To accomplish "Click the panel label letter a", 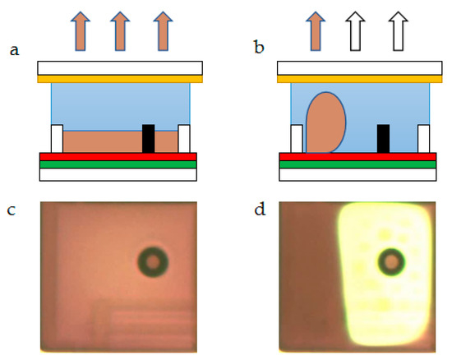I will [14, 50].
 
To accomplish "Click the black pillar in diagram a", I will [149, 138].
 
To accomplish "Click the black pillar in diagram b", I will [382, 138].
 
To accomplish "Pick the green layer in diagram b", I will [357, 164].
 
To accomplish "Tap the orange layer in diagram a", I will [120, 79].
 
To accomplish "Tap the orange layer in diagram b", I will [359, 79].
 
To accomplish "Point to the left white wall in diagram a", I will [57, 138].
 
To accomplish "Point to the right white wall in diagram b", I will [423, 138].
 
